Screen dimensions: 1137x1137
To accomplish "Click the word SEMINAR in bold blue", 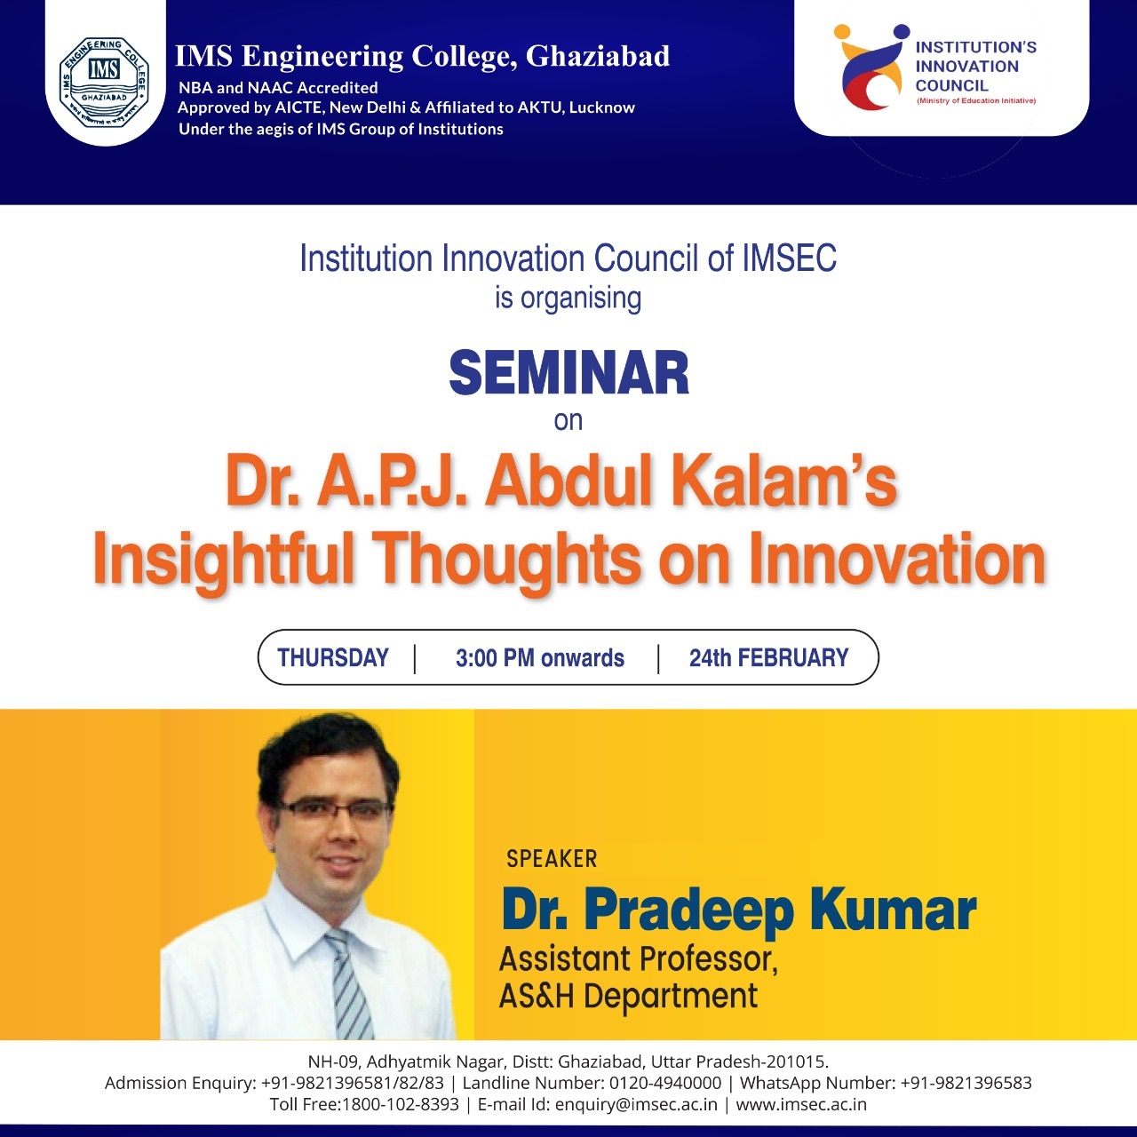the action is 568,373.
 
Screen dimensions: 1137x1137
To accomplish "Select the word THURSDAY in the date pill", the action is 333,657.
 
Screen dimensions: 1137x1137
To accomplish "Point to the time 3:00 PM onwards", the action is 540,657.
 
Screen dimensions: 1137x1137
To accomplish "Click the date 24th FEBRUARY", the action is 769,657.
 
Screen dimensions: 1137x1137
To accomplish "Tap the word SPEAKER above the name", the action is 552,858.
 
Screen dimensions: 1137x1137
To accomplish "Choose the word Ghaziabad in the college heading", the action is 598,57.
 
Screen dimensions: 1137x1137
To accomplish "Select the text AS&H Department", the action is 628,997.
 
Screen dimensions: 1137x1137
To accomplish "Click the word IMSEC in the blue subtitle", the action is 789,259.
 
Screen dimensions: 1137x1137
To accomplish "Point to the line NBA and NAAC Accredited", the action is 278,88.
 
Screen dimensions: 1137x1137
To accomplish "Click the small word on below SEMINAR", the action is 568,421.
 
